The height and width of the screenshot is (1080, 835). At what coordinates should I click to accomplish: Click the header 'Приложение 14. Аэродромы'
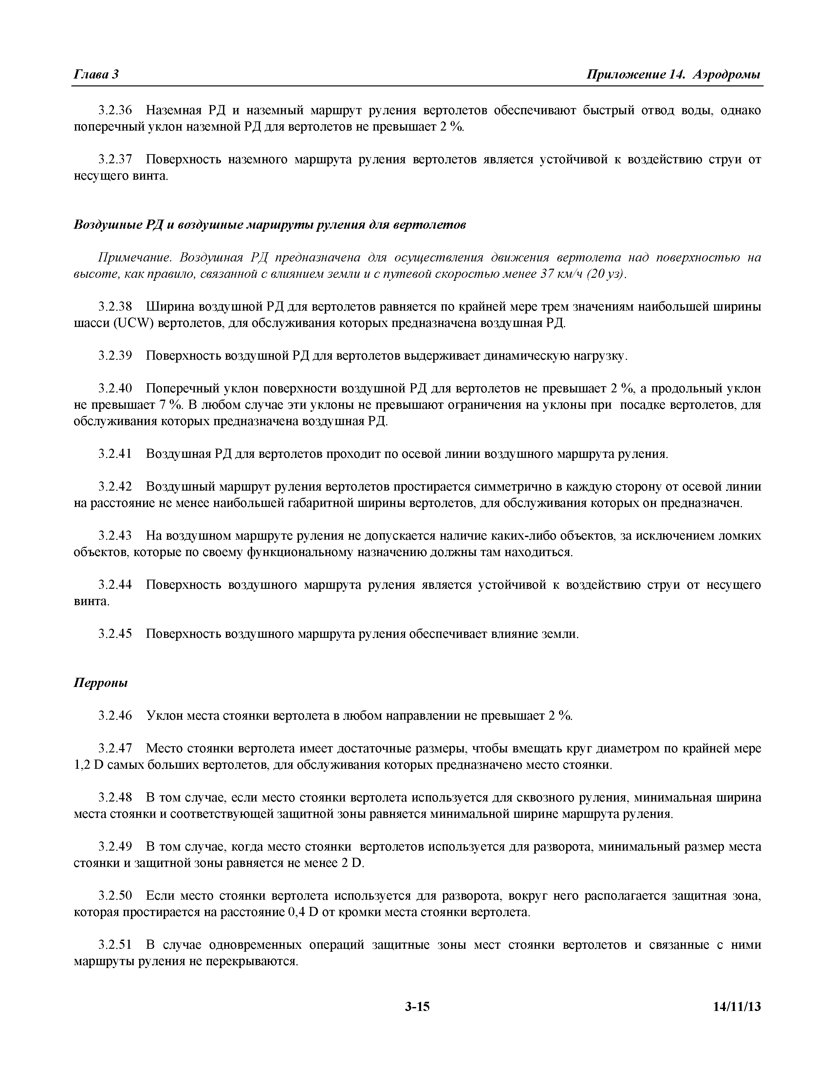coord(673,75)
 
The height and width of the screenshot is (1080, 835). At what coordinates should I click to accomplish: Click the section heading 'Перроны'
coord(101,683)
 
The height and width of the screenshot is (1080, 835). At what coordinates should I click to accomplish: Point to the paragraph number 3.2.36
coord(115,110)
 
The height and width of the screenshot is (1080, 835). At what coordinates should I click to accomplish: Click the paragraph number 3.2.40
coord(115,389)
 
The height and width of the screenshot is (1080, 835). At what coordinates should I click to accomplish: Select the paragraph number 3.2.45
coord(115,634)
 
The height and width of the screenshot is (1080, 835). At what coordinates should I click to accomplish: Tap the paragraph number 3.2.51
coord(115,945)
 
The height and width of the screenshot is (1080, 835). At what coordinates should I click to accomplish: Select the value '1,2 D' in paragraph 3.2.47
coord(87,765)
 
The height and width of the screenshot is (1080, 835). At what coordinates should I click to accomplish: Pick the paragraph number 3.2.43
coord(115,536)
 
